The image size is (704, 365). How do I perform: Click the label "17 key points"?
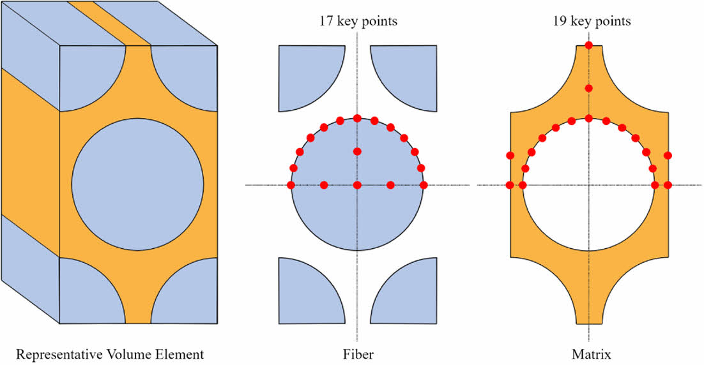[358, 21]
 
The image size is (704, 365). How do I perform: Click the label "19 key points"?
[592, 21]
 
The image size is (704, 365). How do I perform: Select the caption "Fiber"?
[358, 354]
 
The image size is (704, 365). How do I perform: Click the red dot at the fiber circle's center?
[357, 185]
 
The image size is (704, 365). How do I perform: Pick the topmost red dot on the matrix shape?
[588, 45]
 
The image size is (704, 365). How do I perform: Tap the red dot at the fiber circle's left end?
[291, 185]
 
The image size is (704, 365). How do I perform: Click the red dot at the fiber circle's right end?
[424, 185]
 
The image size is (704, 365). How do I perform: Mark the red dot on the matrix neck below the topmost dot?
[588, 88]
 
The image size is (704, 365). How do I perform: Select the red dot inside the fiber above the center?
[357, 151]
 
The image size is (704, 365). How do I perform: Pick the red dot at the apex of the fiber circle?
[357, 118]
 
